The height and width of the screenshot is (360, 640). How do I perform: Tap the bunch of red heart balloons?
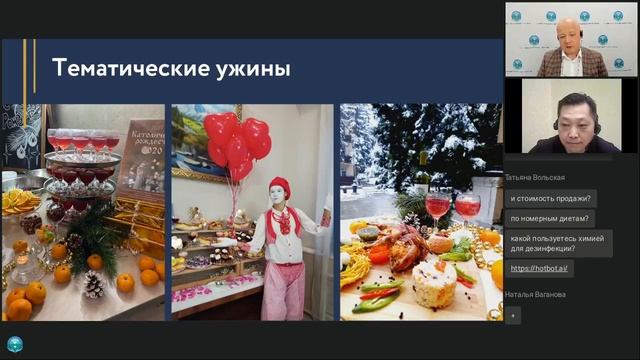tap(238, 145)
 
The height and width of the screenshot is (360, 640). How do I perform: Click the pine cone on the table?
tap(93, 285)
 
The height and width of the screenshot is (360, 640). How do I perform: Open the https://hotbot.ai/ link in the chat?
tap(539, 268)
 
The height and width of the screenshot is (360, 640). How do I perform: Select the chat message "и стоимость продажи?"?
tap(551, 198)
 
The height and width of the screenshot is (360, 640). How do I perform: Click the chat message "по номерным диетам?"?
tap(551, 218)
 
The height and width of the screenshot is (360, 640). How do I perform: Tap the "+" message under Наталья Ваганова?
tap(513, 314)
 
